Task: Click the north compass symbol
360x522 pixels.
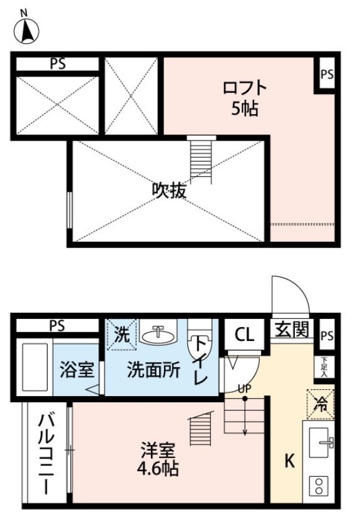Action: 26,30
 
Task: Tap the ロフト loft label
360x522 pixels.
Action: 245,88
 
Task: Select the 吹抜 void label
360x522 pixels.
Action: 169,191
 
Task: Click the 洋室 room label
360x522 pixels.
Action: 158,450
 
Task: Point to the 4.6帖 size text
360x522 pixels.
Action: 158,468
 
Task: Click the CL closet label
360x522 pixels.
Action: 245,335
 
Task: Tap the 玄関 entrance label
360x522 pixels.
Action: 292,329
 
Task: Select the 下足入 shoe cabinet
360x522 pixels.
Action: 324,367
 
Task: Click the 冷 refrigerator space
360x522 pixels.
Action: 321,404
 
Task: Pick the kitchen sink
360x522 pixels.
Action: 321,442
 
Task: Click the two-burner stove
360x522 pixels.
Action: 319,486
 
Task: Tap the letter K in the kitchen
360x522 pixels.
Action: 289,461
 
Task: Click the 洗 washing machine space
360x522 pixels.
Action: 122,334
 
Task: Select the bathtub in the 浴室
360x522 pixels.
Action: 34,367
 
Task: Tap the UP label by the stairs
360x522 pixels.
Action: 245,388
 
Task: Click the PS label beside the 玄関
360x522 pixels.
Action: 327,336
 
